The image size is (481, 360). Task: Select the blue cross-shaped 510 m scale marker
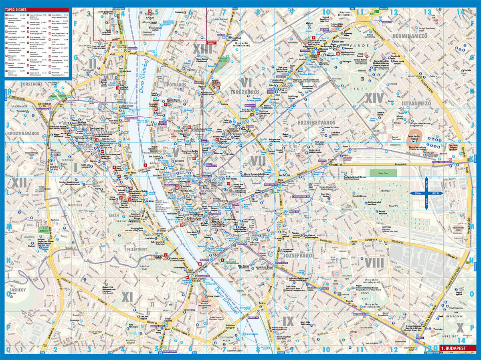tap(426, 194)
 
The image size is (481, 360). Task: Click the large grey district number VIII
tap(374, 263)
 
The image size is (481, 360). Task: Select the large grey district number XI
tap(127, 297)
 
